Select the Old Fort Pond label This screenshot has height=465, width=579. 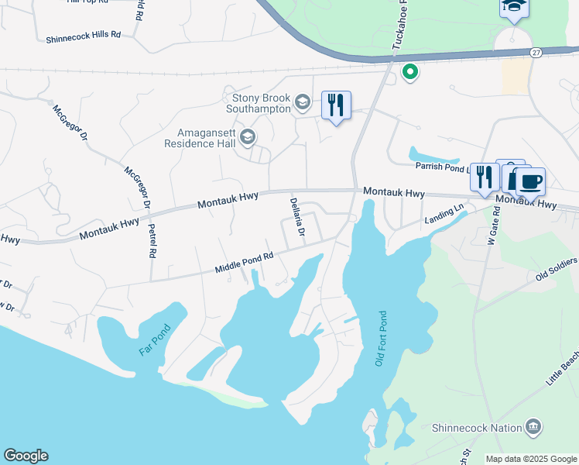coord(380,339)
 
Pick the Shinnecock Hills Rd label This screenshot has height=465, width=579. coord(84,36)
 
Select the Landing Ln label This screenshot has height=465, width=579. coord(444,215)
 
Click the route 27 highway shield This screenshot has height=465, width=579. coord(536,51)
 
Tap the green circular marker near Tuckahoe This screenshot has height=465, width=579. coord(409,73)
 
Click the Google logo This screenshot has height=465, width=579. coord(26,456)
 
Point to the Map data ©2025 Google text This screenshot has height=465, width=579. coord(531,459)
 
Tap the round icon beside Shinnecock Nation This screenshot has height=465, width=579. coord(533,426)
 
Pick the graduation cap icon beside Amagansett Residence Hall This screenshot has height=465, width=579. coord(248,138)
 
